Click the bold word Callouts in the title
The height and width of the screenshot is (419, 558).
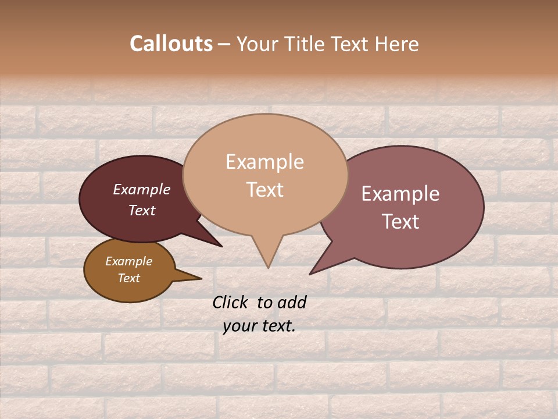click(x=171, y=44)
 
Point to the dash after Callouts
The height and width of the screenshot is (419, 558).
click(x=224, y=44)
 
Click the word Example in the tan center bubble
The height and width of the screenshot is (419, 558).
click(x=264, y=162)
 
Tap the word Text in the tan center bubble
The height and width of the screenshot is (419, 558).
click(x=264, y=190)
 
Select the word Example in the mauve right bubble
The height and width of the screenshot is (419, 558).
click(x=400, y=194)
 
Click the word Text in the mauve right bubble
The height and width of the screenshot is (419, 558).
click(x=400, y=221)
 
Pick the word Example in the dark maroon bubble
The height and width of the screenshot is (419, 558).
click(x=141, y=189)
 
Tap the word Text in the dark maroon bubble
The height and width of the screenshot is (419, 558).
click(x=141, y=210)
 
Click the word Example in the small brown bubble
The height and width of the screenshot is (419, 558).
click(x=128, y=261)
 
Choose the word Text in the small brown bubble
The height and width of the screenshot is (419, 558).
click(x=128, y=278)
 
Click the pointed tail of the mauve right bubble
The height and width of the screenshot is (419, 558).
click(x=314, y=271)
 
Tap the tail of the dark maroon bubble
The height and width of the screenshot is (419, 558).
click(x=217, y=243)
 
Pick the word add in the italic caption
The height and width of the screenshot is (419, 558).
click(x=291, y=302)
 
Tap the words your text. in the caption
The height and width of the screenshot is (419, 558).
click(x=259, y=326)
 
